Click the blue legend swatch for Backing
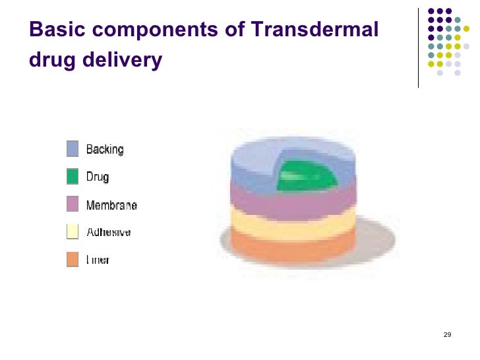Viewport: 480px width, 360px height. coord(73,149)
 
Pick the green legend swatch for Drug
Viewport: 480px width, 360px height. coord(73,177)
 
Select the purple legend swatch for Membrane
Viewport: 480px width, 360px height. coord(73,204)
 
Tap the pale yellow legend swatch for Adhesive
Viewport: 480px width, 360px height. coord(73,232)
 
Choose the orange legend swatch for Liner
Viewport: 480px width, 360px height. coord(73,260)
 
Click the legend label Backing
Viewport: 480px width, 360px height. coord(105,150)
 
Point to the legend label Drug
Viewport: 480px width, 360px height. coord(98,177)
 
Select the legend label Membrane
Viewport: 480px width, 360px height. coord(111,205)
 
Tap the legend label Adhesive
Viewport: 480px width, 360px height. coord(109,233)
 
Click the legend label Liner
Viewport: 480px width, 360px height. coord(98,260)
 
